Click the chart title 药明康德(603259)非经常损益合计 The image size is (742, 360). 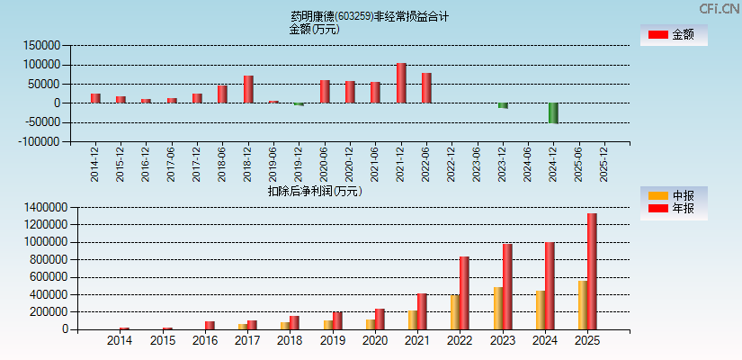369,16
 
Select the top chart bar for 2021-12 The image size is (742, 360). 401,83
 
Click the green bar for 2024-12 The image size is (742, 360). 553,112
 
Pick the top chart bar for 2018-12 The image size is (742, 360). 248,89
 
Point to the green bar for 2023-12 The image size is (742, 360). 503,105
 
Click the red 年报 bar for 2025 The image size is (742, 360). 592,271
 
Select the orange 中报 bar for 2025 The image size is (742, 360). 583,305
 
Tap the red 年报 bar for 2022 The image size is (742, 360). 464,292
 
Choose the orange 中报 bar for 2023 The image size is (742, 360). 498,308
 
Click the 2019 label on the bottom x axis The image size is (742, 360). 333,341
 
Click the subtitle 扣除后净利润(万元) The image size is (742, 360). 315,191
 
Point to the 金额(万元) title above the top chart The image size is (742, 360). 314,29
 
